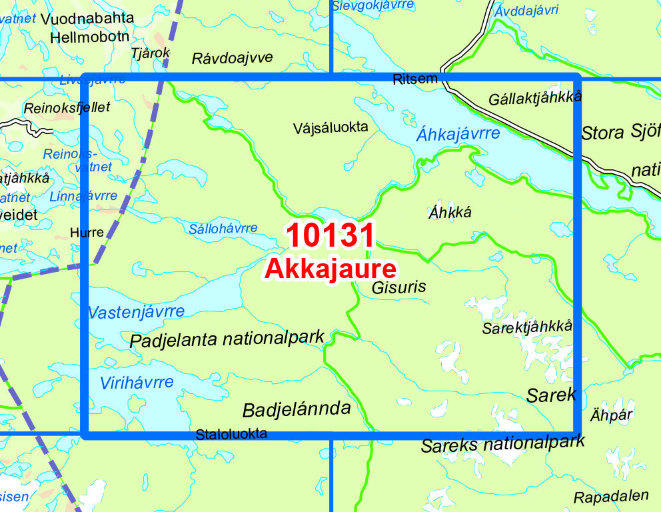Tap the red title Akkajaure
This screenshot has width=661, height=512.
(330, 269)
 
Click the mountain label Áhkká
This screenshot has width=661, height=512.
(450, 213)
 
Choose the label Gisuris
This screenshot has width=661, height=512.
(398, 287)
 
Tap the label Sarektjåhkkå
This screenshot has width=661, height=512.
(527, 327)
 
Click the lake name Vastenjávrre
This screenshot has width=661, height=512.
(136, 311)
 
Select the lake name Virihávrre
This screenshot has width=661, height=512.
(137, 383)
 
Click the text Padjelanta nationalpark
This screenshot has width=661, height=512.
(227, 339)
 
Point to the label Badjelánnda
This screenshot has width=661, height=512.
(297, 409)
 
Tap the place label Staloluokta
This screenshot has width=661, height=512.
(231, 434)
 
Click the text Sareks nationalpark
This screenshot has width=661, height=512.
(503, 443)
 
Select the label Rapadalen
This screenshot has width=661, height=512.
(611, 497)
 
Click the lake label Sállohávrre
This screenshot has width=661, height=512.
(223, 228)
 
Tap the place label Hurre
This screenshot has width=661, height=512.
(87, 233)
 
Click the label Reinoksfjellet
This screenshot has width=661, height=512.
(67, 107)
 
